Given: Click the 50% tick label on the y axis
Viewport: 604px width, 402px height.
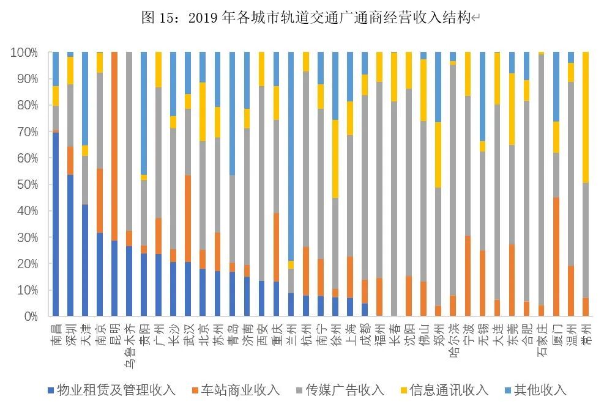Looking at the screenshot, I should click(x=24, y=185).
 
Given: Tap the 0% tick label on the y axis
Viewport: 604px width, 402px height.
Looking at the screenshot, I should click(x=28, y=316).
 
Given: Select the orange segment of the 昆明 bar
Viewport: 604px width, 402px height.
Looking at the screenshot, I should click(x=114, y=147).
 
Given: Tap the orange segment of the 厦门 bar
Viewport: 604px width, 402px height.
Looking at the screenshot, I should click(x=556, y=257).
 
